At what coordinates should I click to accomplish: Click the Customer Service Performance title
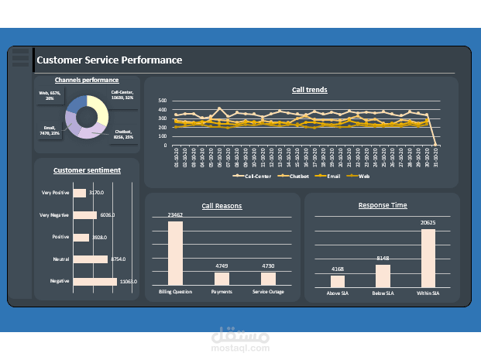click(x=109, y=60)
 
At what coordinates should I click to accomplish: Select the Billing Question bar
click(x=176, y=253)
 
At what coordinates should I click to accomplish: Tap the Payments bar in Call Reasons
click(x=222, y=278)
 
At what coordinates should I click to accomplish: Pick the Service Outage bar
click(x=268, y=278)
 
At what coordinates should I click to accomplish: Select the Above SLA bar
click(x=338, y=281)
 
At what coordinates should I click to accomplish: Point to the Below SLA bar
click(x=383, y=276)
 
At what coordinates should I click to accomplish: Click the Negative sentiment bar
click(x=95, y=281)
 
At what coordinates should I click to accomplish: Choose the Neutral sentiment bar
click(x=91, y=259)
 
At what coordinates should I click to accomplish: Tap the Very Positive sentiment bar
click(x=80, y=193)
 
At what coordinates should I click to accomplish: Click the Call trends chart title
click(x=309, y=90)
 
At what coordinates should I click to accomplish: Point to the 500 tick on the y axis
click(x=162, y=101)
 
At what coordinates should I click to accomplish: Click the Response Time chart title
click(x=383, y=205)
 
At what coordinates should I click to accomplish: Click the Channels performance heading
click(x=87, y=80)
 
